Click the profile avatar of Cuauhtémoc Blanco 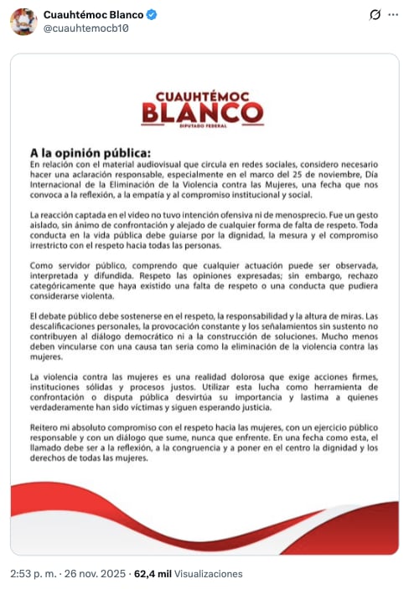23,21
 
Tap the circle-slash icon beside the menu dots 374,16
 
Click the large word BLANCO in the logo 203,111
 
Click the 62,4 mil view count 153,574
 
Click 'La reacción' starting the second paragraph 50,217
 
